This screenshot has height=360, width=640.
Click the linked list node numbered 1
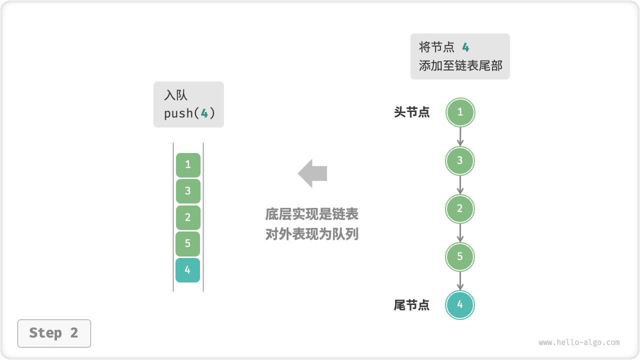(x=460, y=112)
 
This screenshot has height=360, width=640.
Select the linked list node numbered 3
(x=460, y=160)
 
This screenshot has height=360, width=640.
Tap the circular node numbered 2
(x=460, y=208)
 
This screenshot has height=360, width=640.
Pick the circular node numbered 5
(x=460, y=256)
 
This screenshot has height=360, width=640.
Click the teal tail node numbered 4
(x=460, y=304)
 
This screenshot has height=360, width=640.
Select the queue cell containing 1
(x=188, y=165)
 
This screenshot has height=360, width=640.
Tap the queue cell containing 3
(x=188, y=191)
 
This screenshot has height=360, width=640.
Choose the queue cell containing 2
(x=188, y=217)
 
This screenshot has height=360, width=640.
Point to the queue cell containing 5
(x=188, y=243)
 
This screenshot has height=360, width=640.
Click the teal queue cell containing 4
(x=188, y=270)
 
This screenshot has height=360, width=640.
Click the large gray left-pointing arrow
(x=312, y=173)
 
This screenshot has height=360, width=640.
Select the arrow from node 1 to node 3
(x=460, y=136)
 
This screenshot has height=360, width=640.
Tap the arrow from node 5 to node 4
(x=460, y=280)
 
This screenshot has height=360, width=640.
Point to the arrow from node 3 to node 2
(x=460, y=184)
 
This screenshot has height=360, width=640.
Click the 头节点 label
(x=411, y=112)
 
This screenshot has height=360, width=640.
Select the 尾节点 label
(x=411, y=305)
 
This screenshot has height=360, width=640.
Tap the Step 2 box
(x=54, y=333)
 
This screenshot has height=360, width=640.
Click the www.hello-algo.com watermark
(x=579, y=342)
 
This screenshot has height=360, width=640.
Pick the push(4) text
(x=189, y=113)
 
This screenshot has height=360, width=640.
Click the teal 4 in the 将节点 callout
(x=465, y=47)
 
